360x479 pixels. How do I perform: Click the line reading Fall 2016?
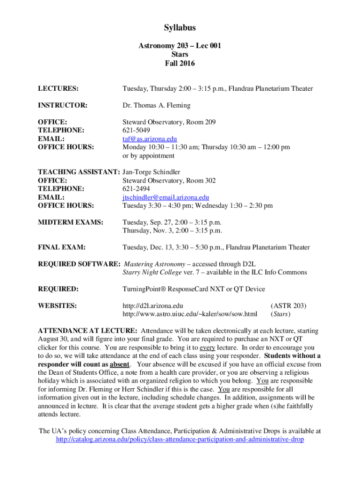pos(180,63)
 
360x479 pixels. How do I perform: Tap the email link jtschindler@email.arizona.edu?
pos(166,197)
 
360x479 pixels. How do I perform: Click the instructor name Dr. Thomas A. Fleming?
pos(157,105)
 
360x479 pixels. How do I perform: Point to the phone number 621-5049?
pos(137,131)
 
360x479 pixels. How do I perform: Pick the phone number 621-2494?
pos(137,189)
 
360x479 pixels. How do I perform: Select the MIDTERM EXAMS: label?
pos(70,222)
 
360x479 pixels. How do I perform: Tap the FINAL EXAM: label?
pos(61,247)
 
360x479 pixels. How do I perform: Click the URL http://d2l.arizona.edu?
pos(152,306)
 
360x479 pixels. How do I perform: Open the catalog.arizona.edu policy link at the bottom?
pos(180,440)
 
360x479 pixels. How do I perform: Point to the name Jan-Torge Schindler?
pos(151,172)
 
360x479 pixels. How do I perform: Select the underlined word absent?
pos(120,364)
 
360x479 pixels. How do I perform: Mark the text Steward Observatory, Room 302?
pos(169,181)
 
